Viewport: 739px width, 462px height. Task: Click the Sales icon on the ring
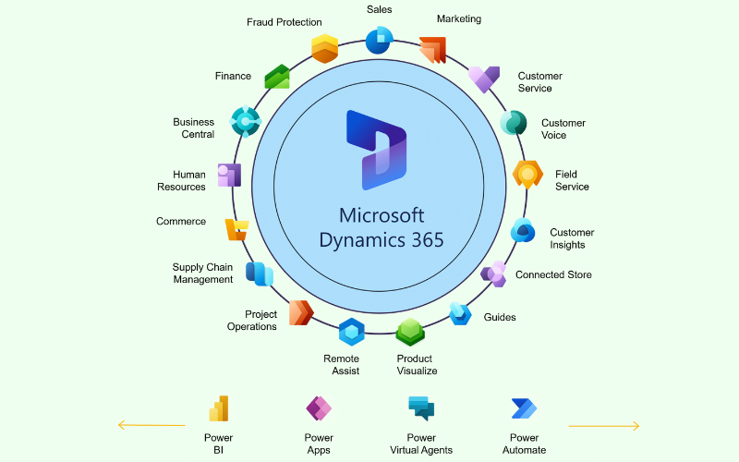click(x=379, y=40)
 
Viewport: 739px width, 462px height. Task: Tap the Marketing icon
click(x=432, y=49)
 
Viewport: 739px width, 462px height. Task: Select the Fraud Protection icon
click(x=324, y=48)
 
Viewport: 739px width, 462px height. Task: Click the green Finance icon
click(x=277, y=77)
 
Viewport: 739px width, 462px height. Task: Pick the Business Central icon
click(x=245, y=121)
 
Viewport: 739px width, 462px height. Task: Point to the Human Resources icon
click(x=229, y=175)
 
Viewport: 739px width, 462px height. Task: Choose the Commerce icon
click(x=236, y=229)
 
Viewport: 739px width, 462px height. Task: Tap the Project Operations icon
click(x=301, y=312)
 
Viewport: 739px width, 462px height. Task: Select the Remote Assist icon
click(x=351, y=332)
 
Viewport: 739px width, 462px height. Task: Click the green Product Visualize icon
click(x=410, y=332)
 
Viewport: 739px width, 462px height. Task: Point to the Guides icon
click(x=460, y=313)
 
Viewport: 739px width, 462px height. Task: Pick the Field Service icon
click(x=527, y=173)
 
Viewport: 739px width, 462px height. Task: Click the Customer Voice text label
click(x=563, y=129)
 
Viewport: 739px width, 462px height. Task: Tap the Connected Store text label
click(x=553, y=274)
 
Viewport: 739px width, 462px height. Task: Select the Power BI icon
click(x=218, y=408)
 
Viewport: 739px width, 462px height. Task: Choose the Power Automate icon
click(x=524, y=408)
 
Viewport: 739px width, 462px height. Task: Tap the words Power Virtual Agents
click(x=421, y=444)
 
